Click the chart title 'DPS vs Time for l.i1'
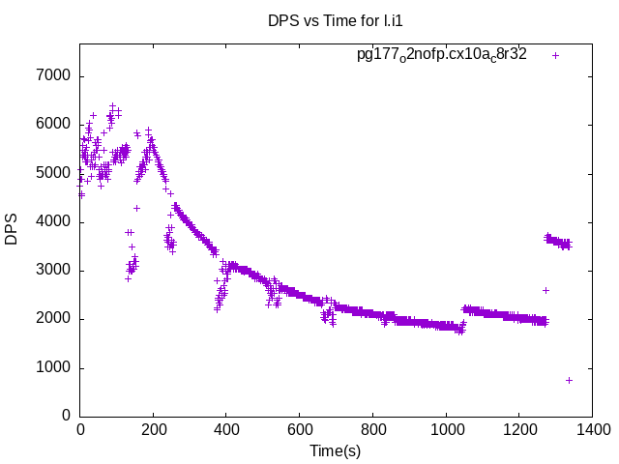(x=335, y=19)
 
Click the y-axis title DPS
(x=13, y=228)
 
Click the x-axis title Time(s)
(x=335, y=450)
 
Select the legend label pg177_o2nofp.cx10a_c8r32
(x=442, y=55)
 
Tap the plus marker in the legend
(x=556, y=55)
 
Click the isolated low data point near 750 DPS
(x=569, y=380)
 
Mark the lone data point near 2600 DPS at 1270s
(x=545, y=290)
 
